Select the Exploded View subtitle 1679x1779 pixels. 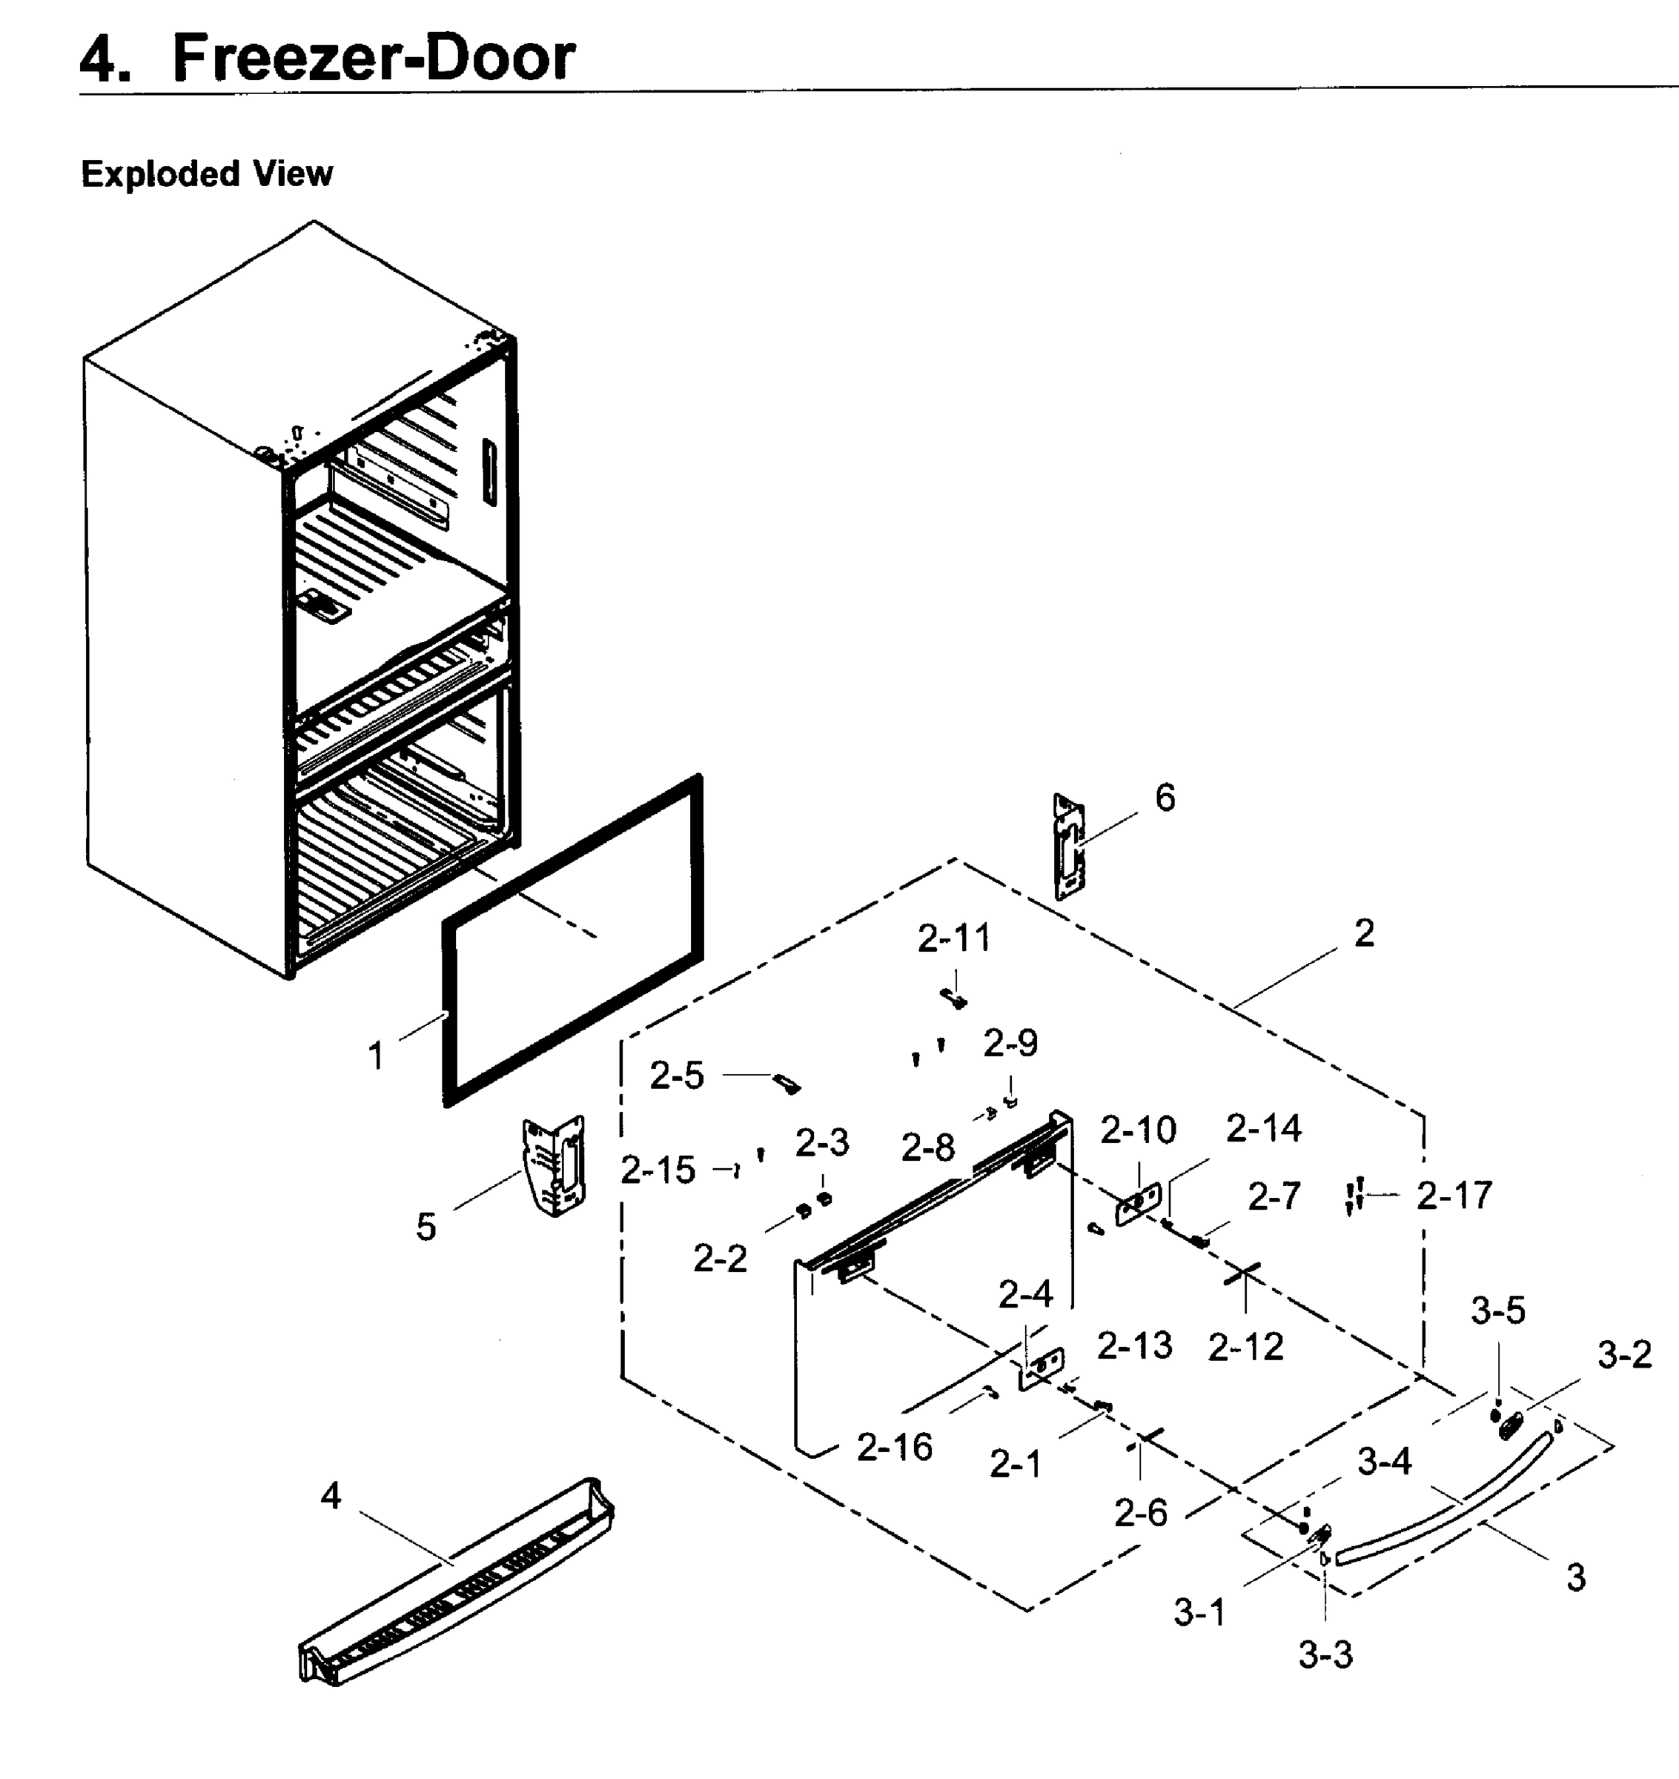207,173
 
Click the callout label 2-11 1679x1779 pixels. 954,938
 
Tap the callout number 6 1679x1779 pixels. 1165,798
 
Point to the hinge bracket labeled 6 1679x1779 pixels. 1070,846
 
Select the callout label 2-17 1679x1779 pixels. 1454,1196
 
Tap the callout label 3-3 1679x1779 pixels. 1325,1655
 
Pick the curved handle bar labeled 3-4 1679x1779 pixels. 1441,1504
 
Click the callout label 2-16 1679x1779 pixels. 894,1447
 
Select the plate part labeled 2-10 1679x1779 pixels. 1139,1204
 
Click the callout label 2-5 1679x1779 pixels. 677,1076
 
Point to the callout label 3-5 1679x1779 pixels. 1497,1311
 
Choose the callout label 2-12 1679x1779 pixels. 1245,1347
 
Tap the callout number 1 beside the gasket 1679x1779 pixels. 377,1056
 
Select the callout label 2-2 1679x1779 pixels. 720,1259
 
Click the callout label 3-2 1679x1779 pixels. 1624,1356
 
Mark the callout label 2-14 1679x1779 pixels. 1263,1130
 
